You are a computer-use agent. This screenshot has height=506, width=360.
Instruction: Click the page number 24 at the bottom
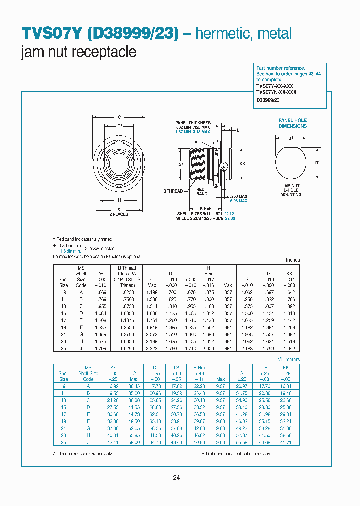176,478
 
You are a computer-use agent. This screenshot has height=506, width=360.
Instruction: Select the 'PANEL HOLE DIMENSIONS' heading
292,123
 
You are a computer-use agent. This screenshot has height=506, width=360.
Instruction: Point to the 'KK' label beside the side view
242,164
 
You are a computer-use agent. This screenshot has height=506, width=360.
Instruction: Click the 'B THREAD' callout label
174,191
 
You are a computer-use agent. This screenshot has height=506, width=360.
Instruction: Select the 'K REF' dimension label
206,207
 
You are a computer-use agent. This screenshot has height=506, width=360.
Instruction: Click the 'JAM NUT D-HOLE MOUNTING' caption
291,190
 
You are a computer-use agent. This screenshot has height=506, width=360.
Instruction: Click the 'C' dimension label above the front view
119,117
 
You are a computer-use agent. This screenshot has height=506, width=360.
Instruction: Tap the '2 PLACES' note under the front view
119,214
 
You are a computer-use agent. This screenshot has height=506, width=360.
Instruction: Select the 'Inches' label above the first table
292,260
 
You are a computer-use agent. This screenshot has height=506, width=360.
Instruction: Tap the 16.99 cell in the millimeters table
111,386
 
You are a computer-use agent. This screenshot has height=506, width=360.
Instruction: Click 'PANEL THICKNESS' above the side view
193,123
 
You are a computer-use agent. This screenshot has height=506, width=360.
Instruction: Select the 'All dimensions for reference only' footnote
82,454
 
